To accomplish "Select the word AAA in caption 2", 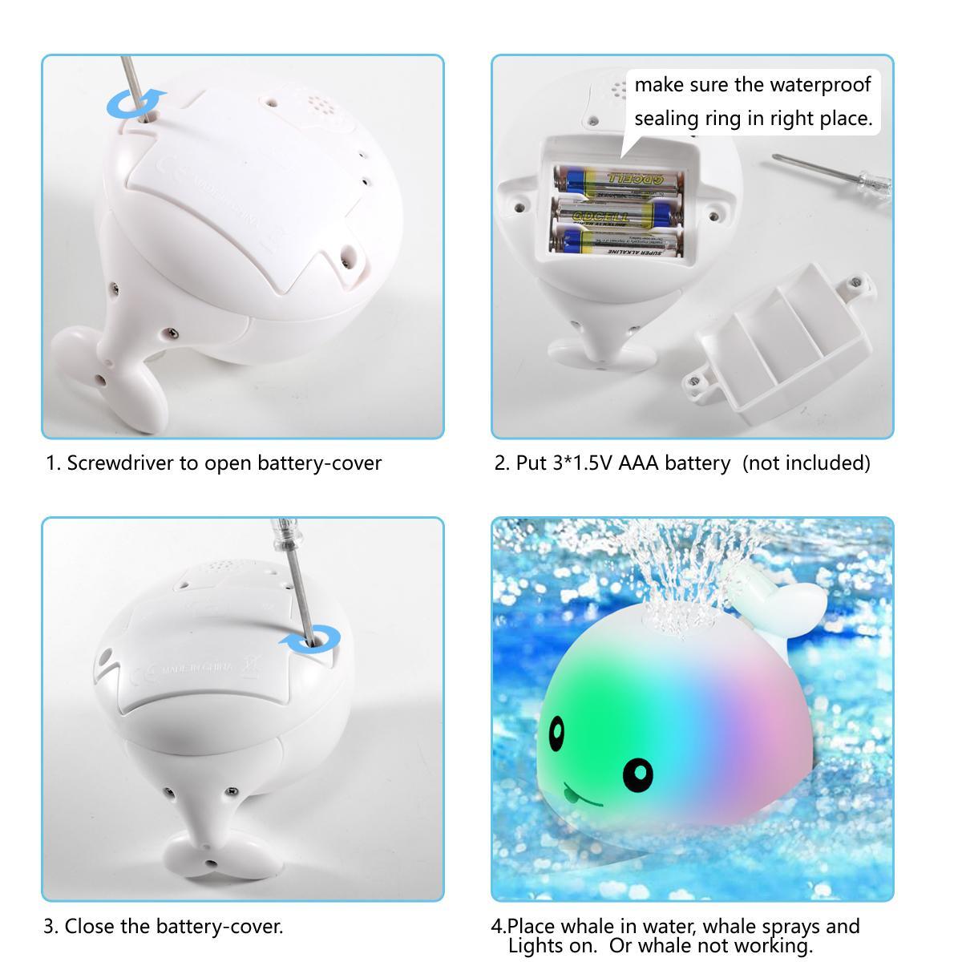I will (638, 463).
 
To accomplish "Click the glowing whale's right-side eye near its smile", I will (637, 774).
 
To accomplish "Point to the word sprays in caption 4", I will (790, 927).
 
